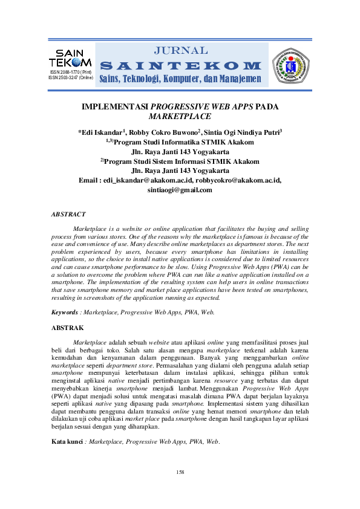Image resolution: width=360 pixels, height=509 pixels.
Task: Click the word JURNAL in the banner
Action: [182, 50]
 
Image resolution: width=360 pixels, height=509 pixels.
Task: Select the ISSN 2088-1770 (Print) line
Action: [71, 73]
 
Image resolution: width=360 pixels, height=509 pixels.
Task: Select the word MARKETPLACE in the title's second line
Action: [180, 117]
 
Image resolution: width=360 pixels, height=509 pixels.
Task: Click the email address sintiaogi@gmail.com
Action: [180, 190]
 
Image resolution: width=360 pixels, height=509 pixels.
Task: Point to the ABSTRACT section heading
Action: [68, 214]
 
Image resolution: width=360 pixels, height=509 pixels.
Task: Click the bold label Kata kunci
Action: [68, 426]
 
